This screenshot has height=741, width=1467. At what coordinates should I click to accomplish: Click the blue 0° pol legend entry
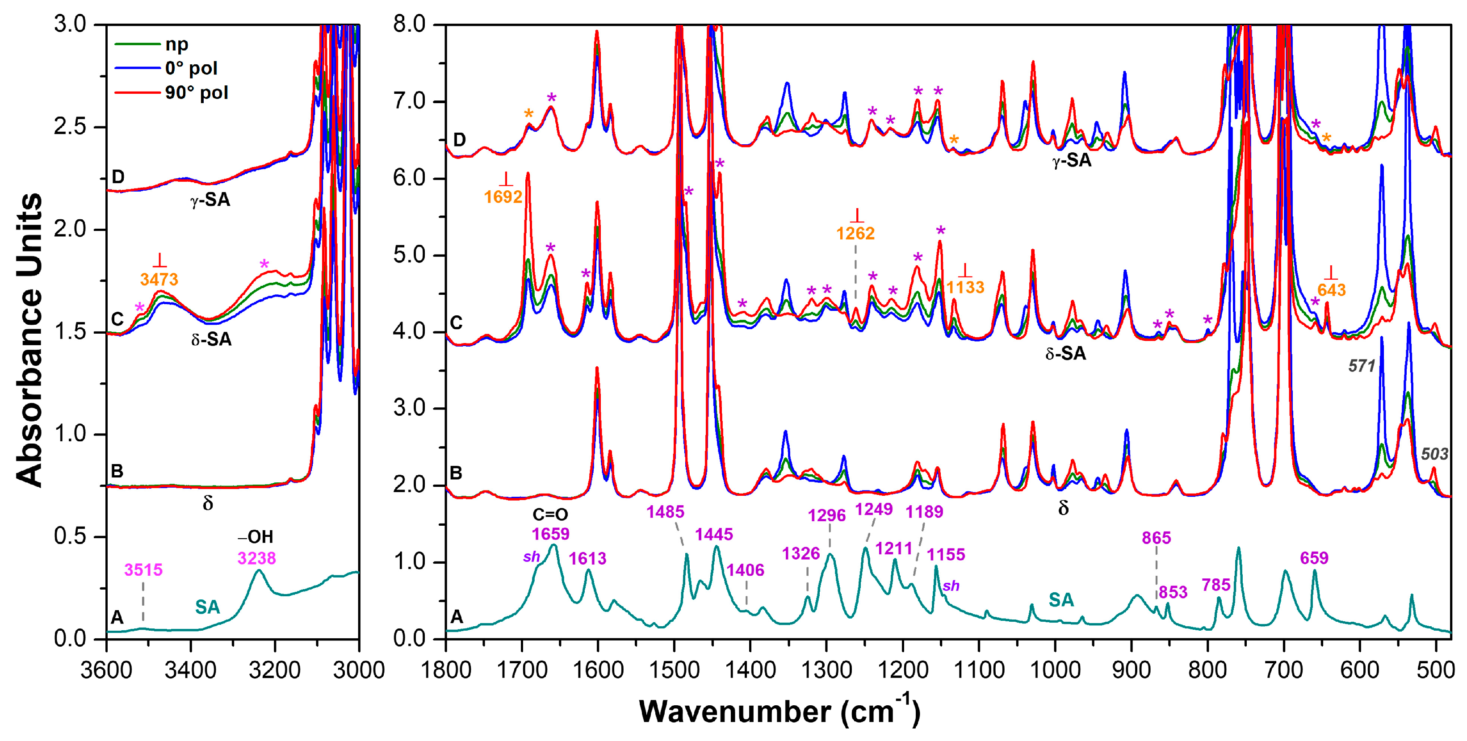click(191, 68)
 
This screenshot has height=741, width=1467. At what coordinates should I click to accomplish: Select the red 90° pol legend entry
click(196, 92)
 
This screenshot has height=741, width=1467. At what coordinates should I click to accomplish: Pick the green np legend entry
click(176, 44)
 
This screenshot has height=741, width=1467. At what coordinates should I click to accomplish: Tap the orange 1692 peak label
click(503, 197)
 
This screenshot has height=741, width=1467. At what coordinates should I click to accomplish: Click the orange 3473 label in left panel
click(159, 280)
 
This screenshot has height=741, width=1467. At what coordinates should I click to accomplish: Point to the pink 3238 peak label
click(256, 558)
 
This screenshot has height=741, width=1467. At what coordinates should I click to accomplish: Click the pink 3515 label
click(143, 569)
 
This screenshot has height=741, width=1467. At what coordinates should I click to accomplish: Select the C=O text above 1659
click(550, 515)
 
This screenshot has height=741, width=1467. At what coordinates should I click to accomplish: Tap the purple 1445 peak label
click(713, 534)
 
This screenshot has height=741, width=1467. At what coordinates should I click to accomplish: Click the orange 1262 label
click(855, 234)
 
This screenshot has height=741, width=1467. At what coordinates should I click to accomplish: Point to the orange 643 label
click(1332, 290)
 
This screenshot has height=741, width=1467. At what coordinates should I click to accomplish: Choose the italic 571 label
click(1362, 366)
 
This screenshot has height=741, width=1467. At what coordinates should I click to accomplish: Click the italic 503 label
click(1434, 454)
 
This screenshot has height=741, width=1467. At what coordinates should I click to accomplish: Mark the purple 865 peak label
click(1156, 538)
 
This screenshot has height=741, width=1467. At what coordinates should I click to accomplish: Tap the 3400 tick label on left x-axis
click(191, 670)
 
